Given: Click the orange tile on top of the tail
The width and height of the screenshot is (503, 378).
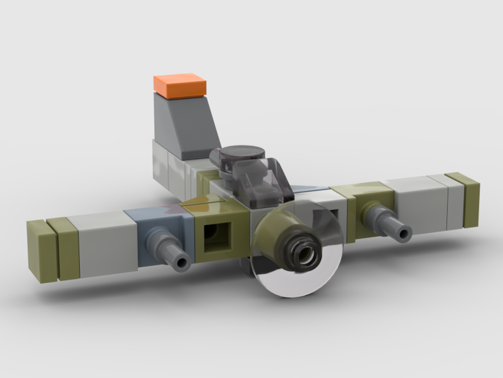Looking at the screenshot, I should coord(180,86).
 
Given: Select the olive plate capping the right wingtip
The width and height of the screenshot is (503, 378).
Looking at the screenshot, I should coord(467,199).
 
